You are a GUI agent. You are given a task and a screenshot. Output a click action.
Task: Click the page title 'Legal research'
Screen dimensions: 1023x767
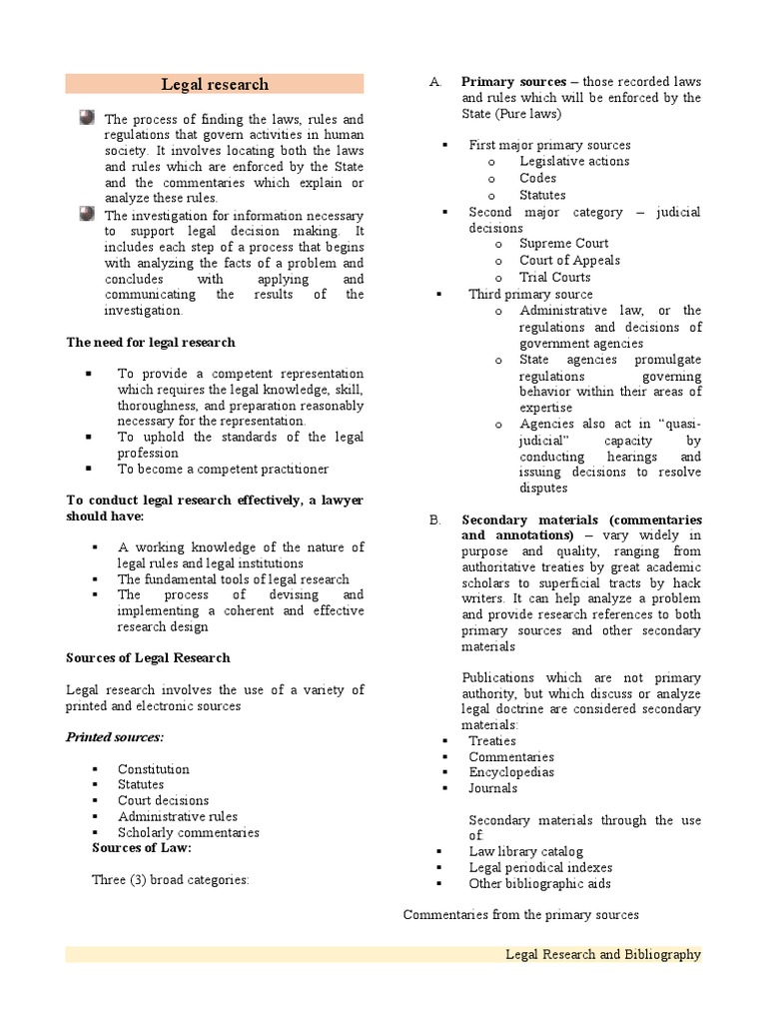215,84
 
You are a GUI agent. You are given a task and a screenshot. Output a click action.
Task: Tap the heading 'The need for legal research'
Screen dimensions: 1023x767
151,342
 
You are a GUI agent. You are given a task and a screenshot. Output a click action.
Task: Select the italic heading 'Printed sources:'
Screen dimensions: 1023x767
115,737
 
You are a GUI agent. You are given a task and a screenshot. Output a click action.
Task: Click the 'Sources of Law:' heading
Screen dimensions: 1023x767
142,848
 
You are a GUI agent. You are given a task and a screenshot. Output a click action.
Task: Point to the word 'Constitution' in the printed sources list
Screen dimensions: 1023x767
153,769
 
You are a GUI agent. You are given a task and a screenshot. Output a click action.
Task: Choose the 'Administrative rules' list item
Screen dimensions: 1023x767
178,816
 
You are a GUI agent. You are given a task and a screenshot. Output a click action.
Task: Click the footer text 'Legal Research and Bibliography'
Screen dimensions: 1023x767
602,954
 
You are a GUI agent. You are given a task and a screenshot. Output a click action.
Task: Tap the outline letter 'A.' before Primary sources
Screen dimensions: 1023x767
435,82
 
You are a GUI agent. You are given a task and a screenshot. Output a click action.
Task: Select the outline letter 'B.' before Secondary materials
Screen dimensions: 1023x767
435,519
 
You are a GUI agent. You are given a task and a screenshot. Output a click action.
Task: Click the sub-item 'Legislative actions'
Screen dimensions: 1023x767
574,161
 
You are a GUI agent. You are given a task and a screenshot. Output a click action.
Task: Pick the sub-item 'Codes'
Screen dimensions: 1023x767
537,178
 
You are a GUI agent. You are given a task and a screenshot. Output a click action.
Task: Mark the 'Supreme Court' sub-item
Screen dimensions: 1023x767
563,244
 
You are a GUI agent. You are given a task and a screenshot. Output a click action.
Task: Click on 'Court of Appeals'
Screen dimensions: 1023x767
569,260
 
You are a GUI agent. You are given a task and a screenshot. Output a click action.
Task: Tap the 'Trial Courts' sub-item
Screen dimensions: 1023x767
554,277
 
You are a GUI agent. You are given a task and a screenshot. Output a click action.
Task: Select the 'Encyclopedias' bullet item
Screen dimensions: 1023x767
511,772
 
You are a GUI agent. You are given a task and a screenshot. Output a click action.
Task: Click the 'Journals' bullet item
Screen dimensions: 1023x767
493,788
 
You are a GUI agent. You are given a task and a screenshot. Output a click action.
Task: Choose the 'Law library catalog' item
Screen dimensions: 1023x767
525,851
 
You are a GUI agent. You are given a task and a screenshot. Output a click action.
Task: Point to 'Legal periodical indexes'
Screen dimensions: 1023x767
540,867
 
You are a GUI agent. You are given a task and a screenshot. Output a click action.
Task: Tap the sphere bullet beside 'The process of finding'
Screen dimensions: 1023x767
87,118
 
